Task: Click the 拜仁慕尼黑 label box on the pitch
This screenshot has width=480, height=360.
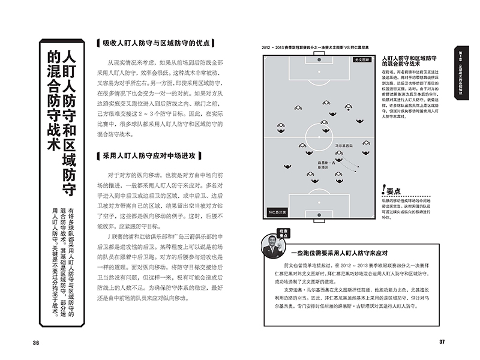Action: coord(278,212)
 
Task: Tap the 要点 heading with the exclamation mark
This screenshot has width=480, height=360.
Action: coord(389,191)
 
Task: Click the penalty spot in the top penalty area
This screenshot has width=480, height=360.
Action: coord(319,75)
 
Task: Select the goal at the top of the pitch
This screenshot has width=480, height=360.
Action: coord(319,56)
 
